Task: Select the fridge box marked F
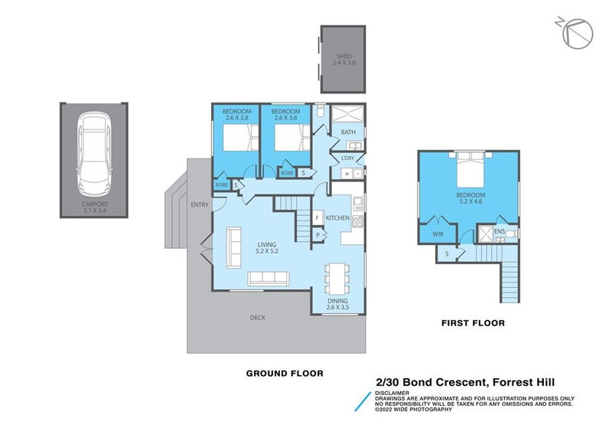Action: [x=317, y=218]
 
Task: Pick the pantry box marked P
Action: [x=317, y=235]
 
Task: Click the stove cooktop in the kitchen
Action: [x=357, y=218]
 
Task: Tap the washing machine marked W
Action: [x=347, y=174]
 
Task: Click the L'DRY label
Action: [x=347, y=158]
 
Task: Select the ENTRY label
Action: [x=200, y=204]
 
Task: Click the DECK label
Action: [x=257, y=317]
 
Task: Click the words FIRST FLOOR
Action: [x=473, y=324]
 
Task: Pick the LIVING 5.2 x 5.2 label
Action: [x=267, y=247]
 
